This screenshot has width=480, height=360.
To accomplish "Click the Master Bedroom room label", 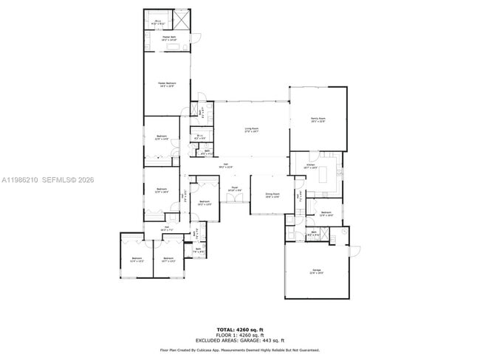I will tap(167, 84).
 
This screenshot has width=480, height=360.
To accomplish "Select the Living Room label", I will tap(252, 129).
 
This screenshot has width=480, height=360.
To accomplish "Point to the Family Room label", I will tap(318, 119).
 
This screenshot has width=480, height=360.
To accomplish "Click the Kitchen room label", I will tap(311, 167).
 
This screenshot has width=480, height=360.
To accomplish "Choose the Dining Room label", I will tap(272, 195).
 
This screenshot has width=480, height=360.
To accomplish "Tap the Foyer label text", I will tap(233, 189).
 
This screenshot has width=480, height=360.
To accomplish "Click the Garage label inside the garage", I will tap(317, 271).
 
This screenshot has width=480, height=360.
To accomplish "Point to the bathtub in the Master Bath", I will tap(176, 46).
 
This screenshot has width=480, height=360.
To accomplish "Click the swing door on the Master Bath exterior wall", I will tap(196, 39).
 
